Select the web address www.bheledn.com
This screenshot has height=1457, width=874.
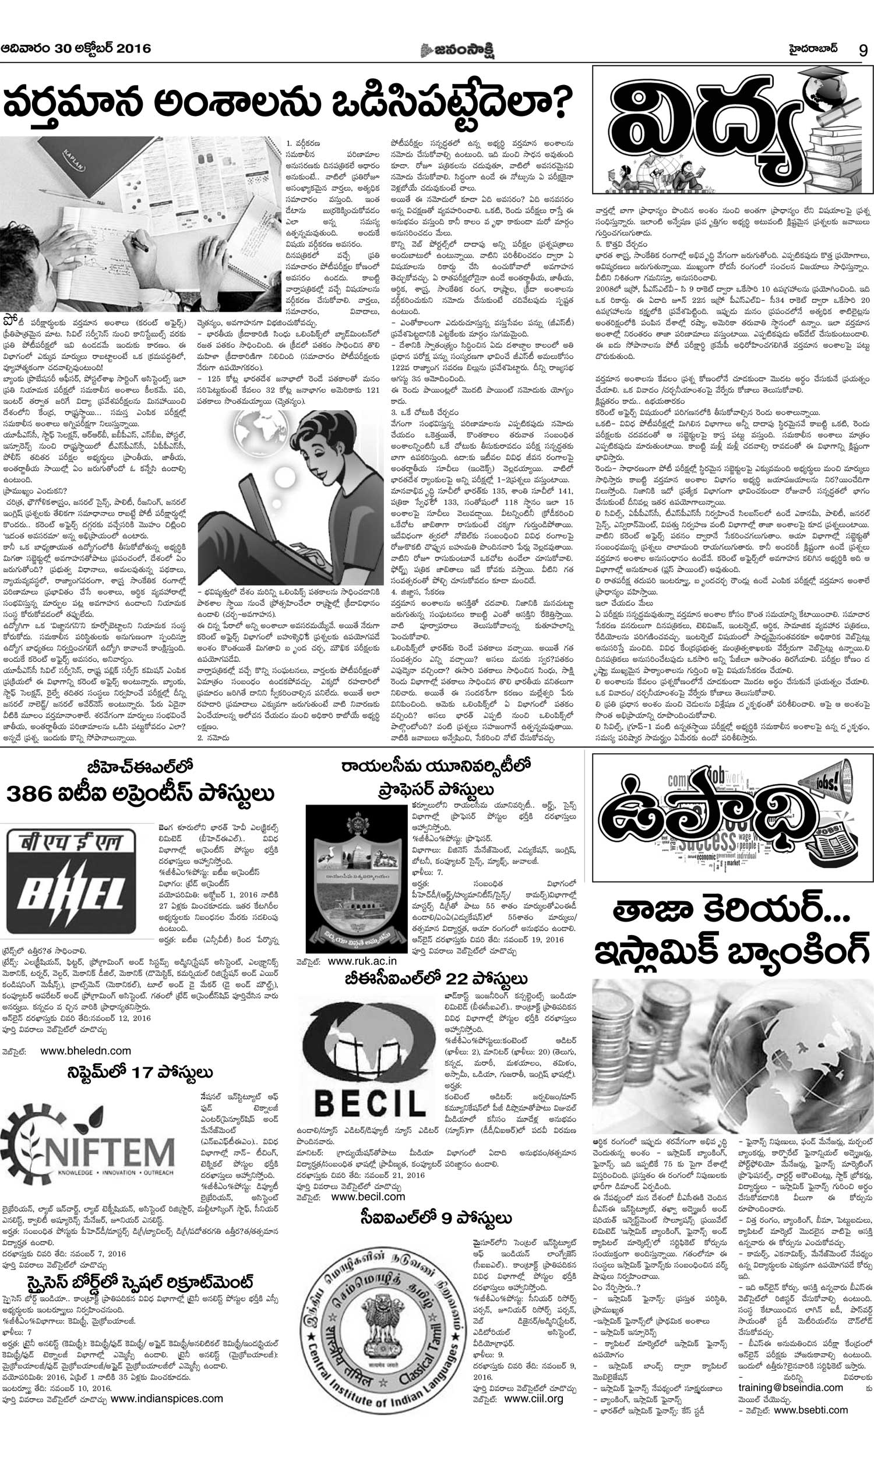(x=86, y=1050)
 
